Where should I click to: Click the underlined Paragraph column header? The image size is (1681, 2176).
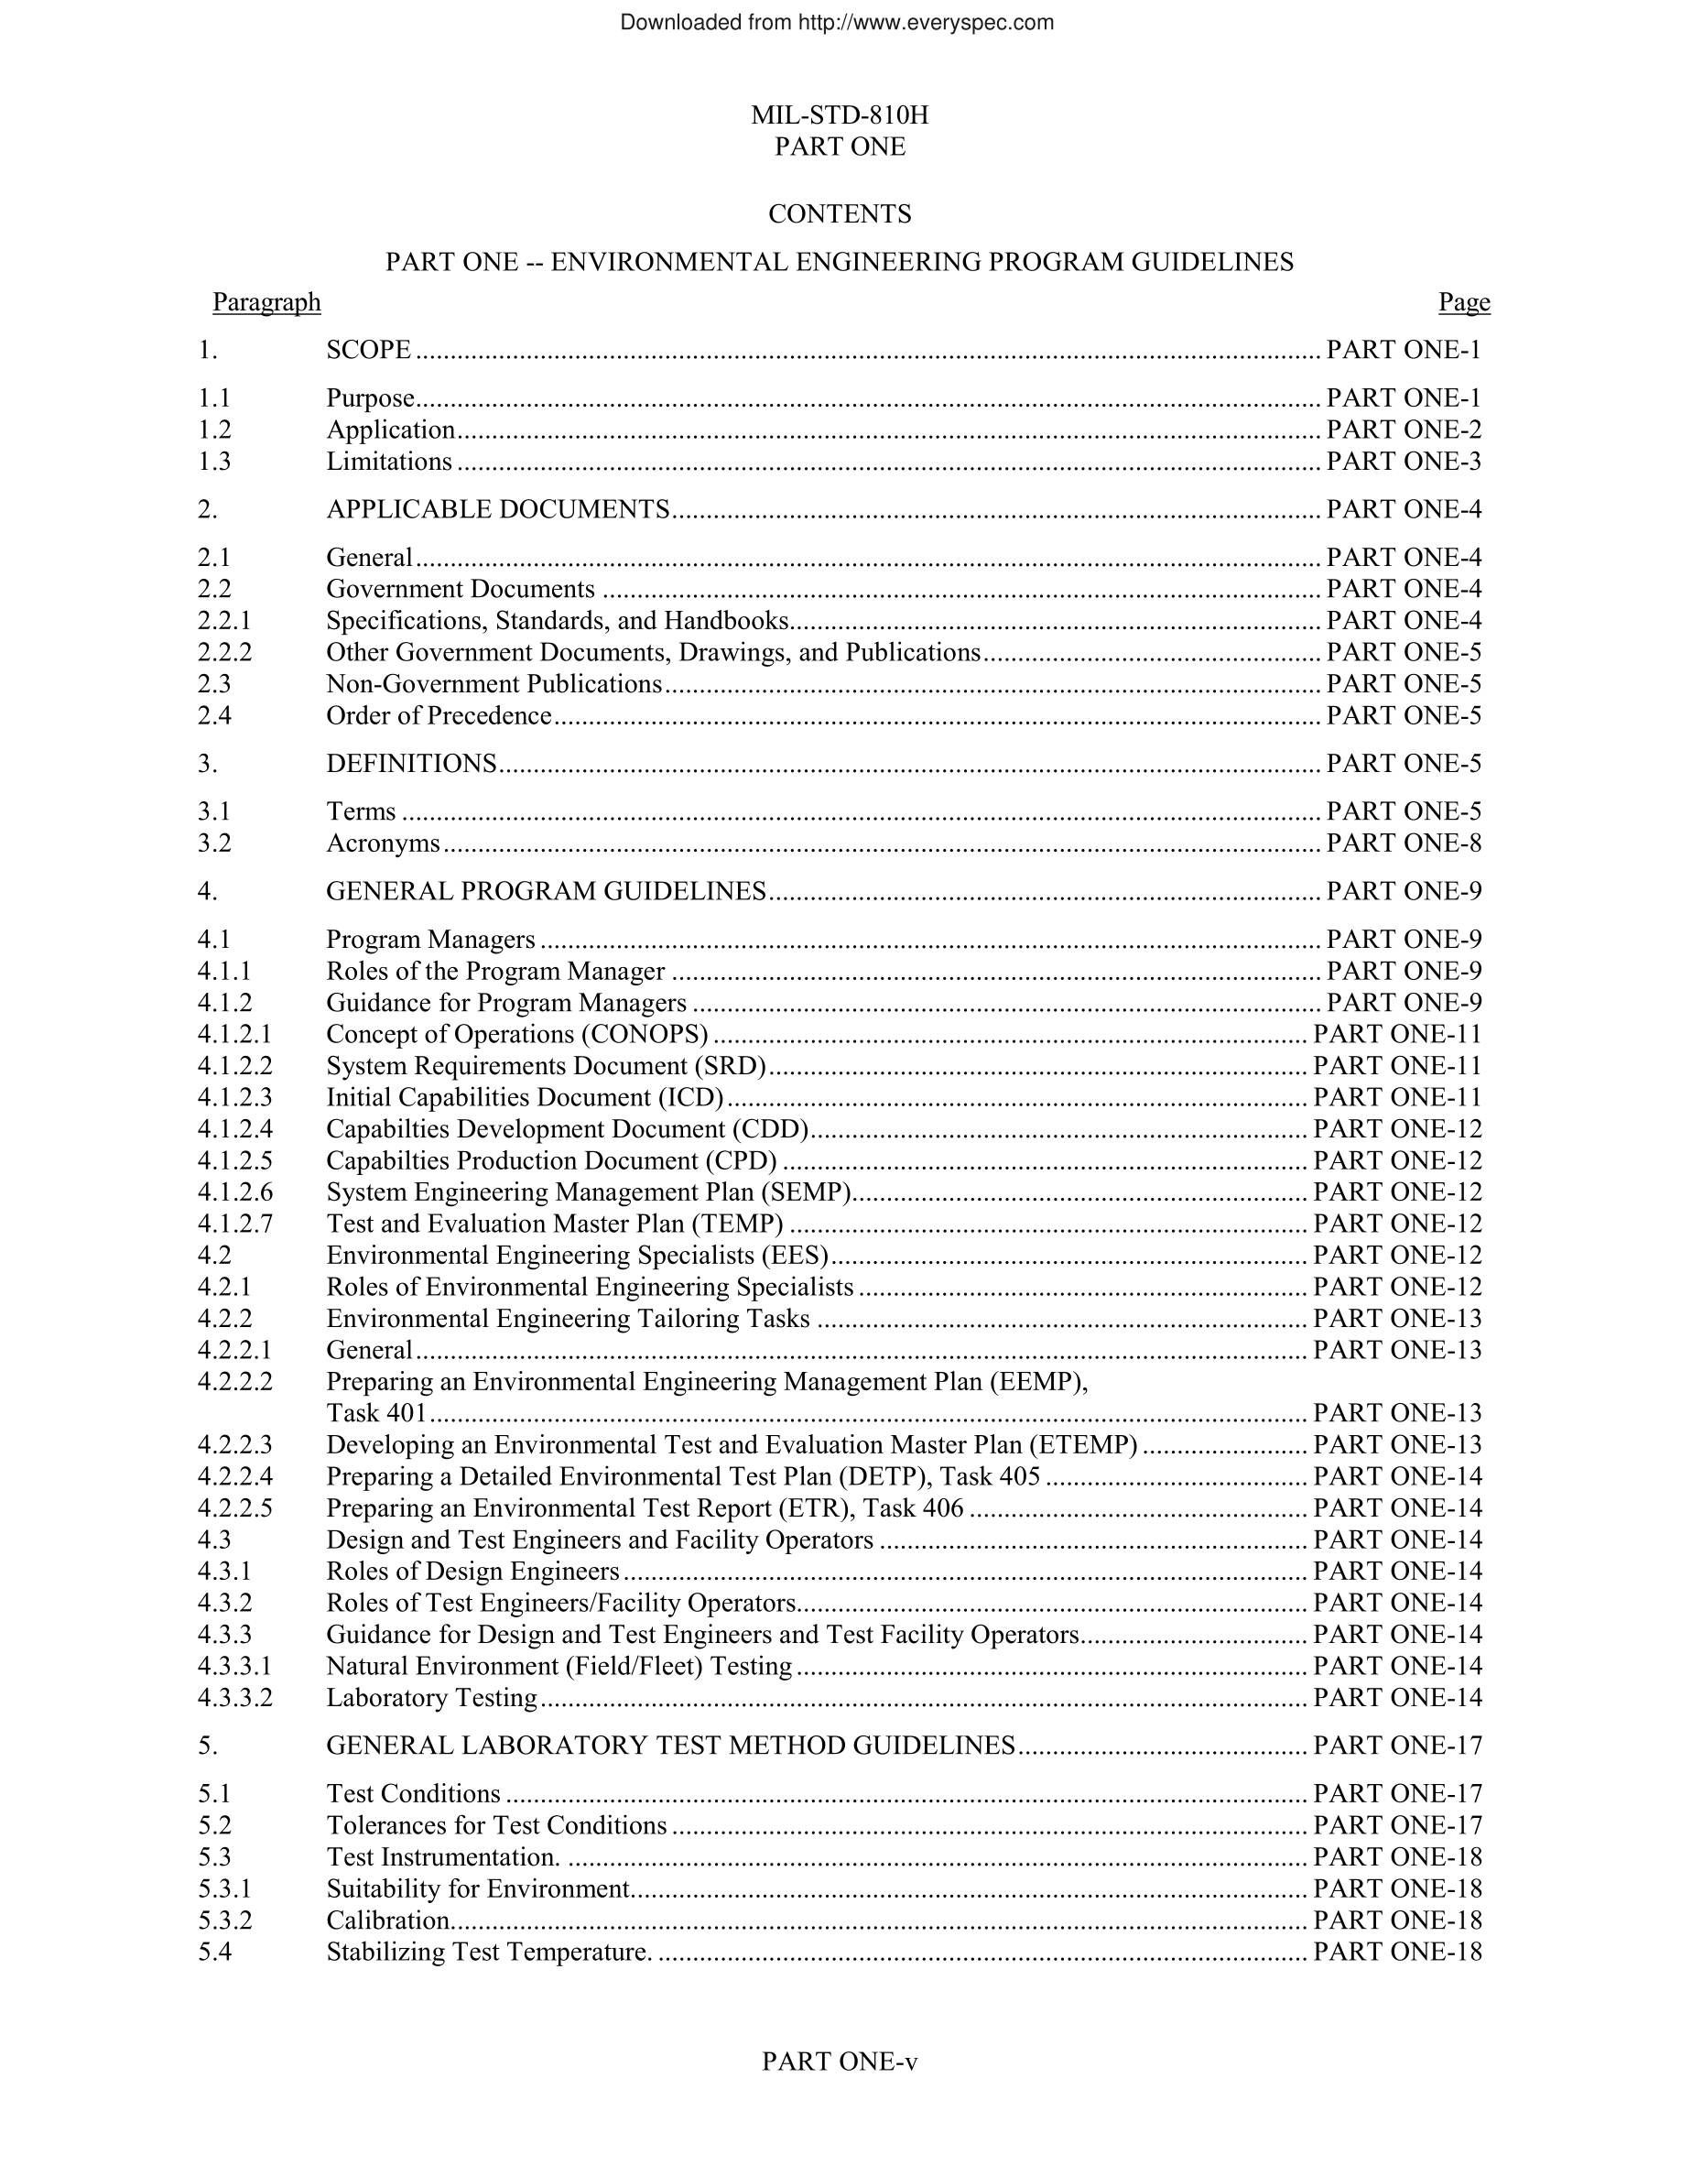pyautogui.click(x=266, y=302)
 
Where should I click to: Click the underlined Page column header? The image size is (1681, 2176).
pyautogui.click(x=1463, y=302)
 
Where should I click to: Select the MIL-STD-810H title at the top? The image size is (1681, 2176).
pyautogui.click(x=840, y=115)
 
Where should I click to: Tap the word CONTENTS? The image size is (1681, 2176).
pyautogui.click(x=840, y=214)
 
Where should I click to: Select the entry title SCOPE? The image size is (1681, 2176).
pyautogui.click(x=368, y=350)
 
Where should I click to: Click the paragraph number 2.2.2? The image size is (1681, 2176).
pyautogui.click(x=225, y=653)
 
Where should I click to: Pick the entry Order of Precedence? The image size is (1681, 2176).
pyautogui.click(x=439, y=716)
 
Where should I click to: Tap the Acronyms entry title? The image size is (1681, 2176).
pyautogui.click(x=383, y=843)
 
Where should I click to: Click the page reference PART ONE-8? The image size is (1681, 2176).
pyautogui.click(x=1404, y=843)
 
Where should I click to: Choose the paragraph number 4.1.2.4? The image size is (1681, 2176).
pyautogui.click(x=235, y=1130)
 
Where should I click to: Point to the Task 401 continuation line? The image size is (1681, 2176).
pyautogui.click(x=376, y=1414)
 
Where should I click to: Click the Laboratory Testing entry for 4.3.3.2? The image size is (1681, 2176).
pyautogui.click(x=431, y=1699)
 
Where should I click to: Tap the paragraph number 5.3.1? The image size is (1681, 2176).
pyautogui.click(x=225, y=1890)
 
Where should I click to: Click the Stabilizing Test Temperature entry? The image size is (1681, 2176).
pyautogui.click(x=488, y=1953)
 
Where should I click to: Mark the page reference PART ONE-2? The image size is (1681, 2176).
pyautogui.click(x=1404, y=430)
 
